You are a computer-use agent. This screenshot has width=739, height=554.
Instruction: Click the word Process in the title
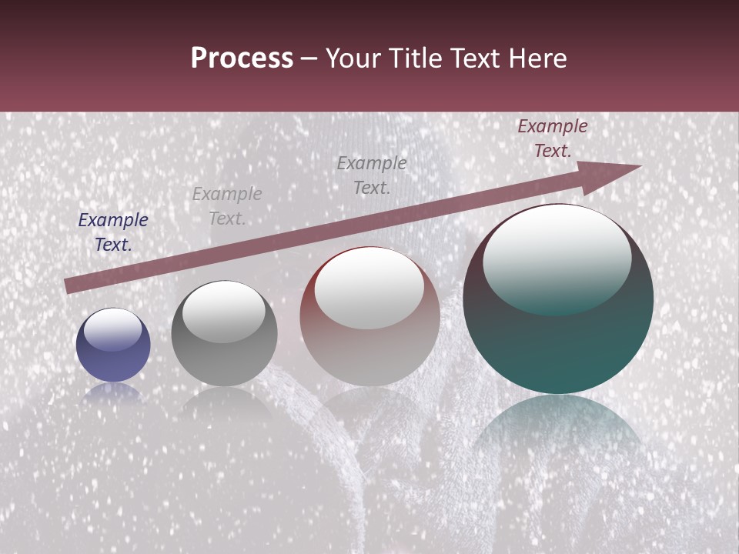click(x=242, y=58)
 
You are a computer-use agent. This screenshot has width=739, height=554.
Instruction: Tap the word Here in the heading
click(x=536, y=58)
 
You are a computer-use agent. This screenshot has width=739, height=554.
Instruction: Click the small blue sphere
click(x=113, y=345)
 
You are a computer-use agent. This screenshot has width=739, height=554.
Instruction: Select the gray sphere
click(x=224, y=334)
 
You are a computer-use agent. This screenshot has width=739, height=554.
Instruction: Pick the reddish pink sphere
click(x=369, y=317)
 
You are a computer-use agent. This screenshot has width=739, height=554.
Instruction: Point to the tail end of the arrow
click(x=68, y=286)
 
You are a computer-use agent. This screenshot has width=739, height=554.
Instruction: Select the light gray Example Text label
click(x=227, y=206)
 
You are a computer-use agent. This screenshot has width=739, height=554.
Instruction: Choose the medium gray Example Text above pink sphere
click(x=372, y=175)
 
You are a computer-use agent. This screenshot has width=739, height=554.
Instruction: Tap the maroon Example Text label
click(x=552, y=138)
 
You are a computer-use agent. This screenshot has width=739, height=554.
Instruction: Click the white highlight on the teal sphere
click(x=557, y=254)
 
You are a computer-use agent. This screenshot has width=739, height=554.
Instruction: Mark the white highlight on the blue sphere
click(x=112, y=329)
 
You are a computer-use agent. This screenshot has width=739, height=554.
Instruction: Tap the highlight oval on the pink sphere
click(x=369, y=289)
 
